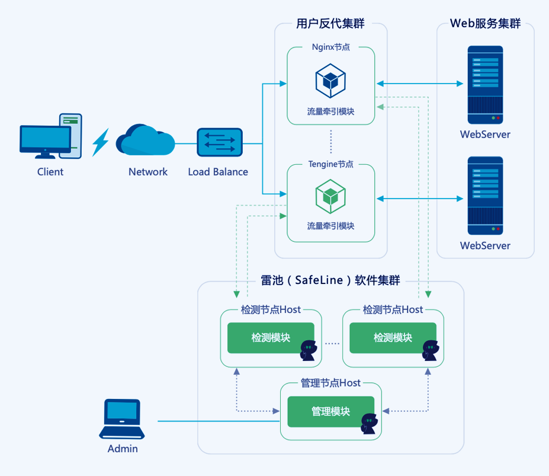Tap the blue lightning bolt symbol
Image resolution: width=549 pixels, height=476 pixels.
tap(101, 142)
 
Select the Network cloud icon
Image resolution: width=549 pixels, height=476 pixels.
tap(146, 141)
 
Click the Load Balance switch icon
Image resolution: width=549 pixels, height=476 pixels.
tap(220, 142)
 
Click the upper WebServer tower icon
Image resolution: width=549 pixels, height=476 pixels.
tap(485, 84)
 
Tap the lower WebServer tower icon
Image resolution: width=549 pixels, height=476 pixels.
tap(485, 196)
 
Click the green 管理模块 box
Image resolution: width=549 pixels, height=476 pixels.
tap(330, 411)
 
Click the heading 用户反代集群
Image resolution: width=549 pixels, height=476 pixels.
tap(330, 24)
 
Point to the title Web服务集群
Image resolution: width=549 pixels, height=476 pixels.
tap(485, 24)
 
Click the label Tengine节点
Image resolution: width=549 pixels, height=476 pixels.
tap(330, 164)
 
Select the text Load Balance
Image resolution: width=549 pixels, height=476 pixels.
tap(218, 172)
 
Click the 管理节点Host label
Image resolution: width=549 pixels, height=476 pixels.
tap(330, 384)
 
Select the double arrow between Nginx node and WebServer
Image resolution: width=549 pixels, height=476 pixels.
tap(419, 84)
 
